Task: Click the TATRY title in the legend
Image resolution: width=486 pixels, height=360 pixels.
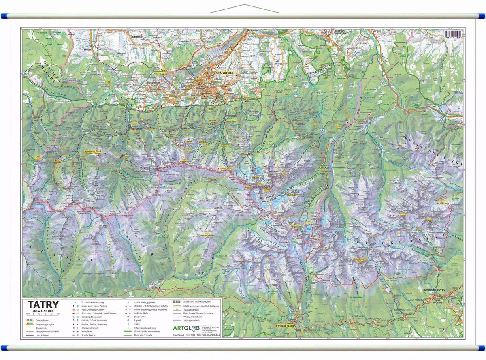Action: coord(43,304)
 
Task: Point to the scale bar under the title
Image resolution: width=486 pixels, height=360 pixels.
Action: coord(43,314)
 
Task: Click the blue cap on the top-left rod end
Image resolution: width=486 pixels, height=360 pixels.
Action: coord(3,16)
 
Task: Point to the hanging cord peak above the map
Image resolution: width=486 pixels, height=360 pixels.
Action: coord(244,5)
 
